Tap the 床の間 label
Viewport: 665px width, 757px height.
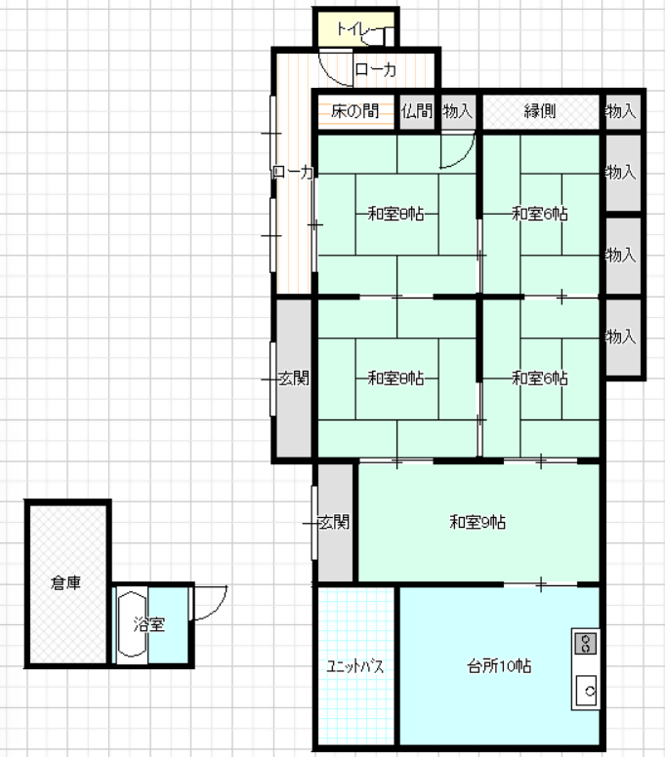coord(355,111)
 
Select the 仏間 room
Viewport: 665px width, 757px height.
coord(417,111)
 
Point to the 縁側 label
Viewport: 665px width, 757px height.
coord(540,111)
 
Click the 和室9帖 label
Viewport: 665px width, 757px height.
coord(478,522)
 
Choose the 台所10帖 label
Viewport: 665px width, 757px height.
coord(499,666)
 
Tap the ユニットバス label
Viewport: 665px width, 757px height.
coord(355,666)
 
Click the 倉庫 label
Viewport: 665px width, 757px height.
coord(65,582)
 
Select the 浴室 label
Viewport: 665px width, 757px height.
coord(148,624)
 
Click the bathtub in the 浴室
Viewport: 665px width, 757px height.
coord(132,624)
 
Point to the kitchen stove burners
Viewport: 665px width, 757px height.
coord(586,643)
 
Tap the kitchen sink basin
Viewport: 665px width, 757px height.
coord(586,691)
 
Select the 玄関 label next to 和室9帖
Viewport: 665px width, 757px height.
coord(334,522)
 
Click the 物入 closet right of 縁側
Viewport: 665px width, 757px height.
coord(623,111)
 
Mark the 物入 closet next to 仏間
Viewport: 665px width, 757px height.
coord(458,111)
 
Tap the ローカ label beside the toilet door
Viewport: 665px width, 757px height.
coord(376,70)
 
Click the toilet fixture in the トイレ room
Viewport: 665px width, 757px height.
coord(381,36)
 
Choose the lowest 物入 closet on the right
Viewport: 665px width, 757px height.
coord(623,337)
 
